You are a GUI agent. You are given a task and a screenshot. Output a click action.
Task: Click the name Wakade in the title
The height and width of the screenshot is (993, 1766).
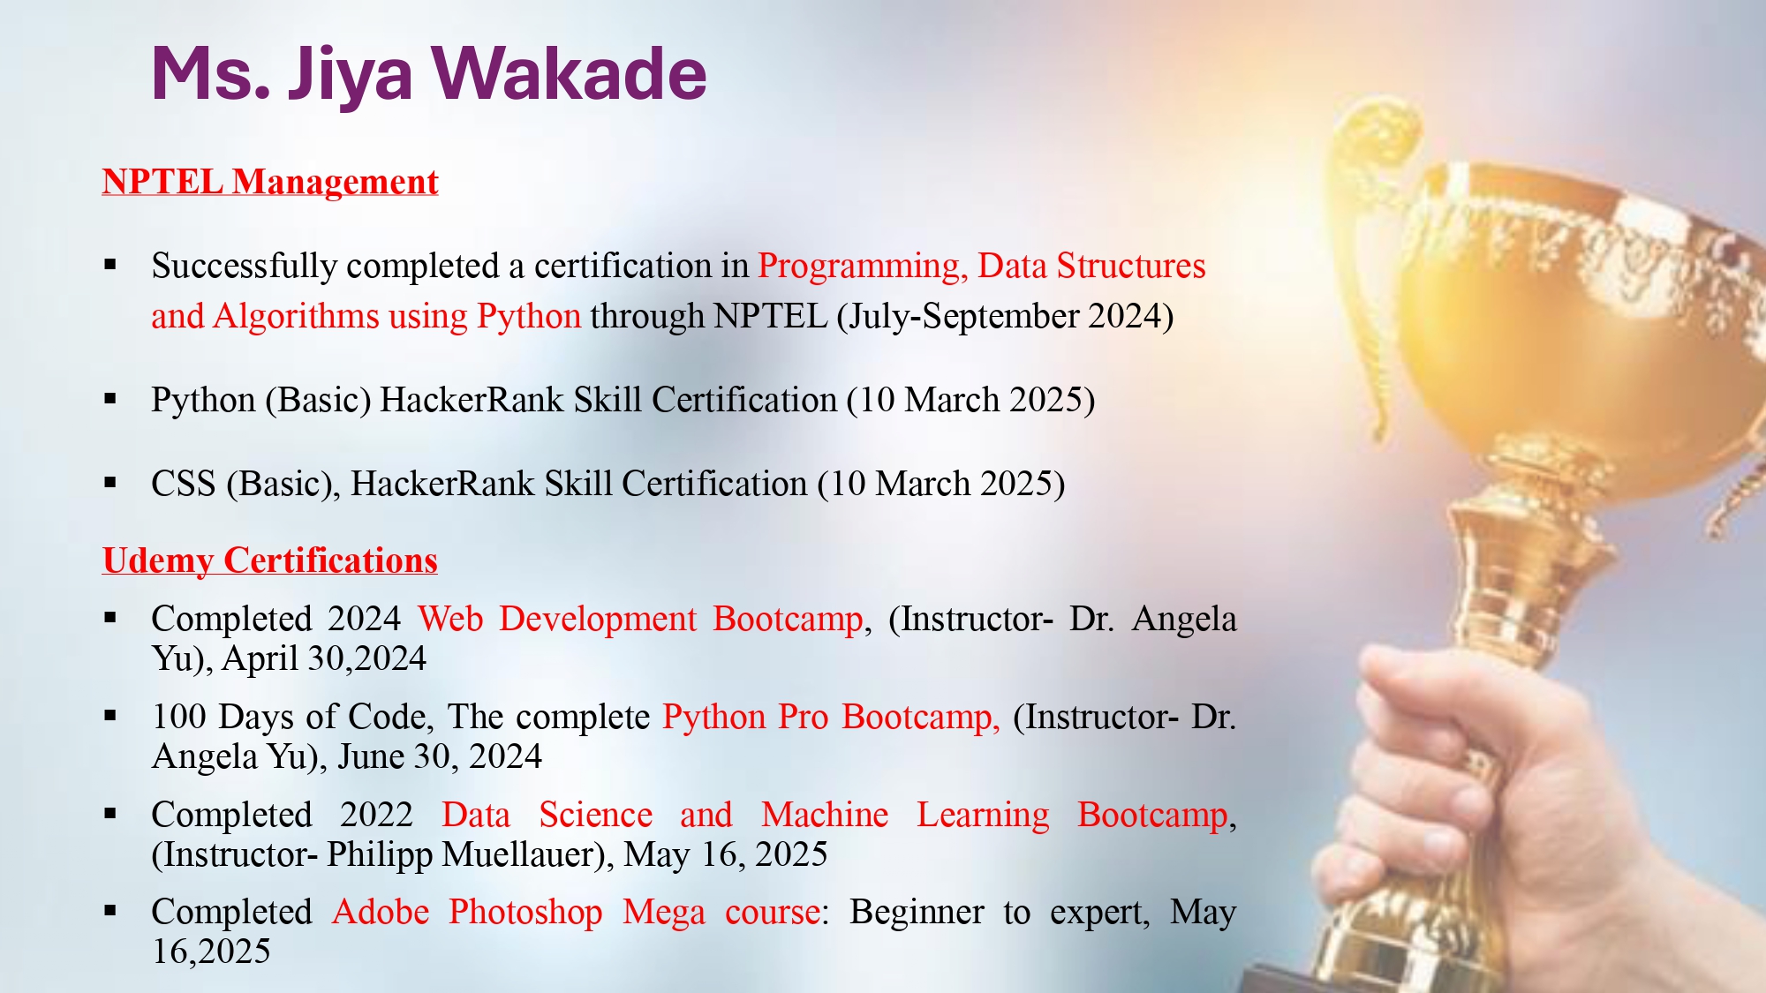(569, 73)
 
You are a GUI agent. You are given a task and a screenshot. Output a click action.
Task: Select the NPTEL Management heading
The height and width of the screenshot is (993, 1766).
(270, 182)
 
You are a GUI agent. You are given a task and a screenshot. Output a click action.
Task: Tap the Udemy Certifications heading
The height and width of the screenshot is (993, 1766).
(270, 561)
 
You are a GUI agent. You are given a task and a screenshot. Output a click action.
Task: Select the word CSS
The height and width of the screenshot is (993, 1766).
(184, 484)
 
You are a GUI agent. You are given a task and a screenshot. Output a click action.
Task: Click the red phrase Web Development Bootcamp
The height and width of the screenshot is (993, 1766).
(640, 620)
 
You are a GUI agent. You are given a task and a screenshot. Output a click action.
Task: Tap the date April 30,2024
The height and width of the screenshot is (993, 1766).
(324, 658)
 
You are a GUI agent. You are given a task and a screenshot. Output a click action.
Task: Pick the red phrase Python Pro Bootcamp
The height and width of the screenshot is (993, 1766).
(831, 718)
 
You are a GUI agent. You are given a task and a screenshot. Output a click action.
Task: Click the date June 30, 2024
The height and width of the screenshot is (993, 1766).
(440, 757)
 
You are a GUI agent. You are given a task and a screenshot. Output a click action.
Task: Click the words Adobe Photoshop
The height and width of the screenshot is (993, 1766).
(468, 913)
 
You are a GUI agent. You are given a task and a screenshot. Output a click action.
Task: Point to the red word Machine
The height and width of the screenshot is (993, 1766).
(825, 815)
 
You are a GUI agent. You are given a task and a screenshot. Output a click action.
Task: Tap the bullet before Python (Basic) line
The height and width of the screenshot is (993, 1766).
(110, 399)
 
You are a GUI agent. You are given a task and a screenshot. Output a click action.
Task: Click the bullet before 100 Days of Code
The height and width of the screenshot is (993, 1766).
(110, 716)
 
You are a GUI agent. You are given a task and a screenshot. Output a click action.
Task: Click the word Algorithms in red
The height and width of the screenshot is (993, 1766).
(297, 317)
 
